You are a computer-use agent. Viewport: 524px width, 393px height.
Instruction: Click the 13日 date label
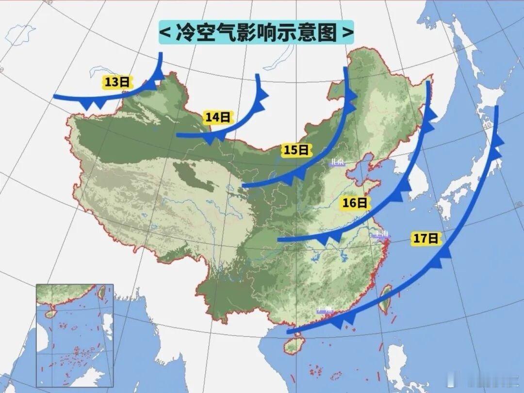[x=117, y=82]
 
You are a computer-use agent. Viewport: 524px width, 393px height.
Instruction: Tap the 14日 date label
[x=217, y=117]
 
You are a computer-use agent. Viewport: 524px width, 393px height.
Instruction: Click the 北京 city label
[x=337, y=163]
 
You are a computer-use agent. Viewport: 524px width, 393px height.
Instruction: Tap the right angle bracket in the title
[x=347, y=33]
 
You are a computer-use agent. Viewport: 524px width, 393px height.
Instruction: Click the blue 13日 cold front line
[x=97, y=97]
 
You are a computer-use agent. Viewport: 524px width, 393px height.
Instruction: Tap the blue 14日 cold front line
[x=243, y=122]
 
